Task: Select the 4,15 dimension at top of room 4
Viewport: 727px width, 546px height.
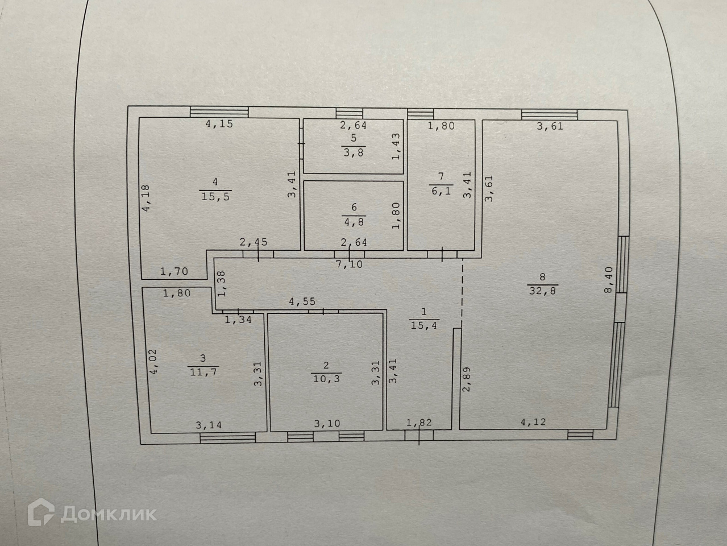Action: (x=219, y=123)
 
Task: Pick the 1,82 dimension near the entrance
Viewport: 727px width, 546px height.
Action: (x=419, y=423)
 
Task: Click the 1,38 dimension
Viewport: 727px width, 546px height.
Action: (x=222, y=283)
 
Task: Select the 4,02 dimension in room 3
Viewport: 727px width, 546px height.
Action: (x=152, y=361)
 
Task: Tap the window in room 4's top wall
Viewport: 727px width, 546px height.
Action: (x=219, y=111)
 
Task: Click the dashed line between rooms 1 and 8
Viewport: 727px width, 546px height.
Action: (x=462, y=292)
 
